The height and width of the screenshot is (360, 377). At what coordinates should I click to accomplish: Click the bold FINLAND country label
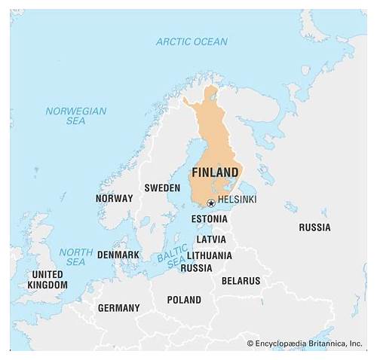pyautogui.click(x=216, y=172)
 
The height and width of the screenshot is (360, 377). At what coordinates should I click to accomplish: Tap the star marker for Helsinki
pyautogui.click(x=210, y=203)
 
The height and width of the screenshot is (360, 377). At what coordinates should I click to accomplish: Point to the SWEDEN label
pyautogui.click(x=162, y=188)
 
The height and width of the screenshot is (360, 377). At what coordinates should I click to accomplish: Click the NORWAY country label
pyautogui.click(x=114, y=198)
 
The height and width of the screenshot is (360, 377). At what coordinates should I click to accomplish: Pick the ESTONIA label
pyautogui.click(x=209, y=218)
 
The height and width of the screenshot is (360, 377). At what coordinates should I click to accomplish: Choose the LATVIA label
pyautogui.click(x=210, y=239)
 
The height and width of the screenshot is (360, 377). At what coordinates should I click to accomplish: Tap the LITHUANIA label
pyautogui.click(x=210, y=255)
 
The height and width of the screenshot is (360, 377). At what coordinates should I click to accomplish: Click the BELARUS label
pyautogui.click(x=241, y=281)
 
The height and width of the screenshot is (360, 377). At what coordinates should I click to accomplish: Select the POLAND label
pyautogui.click(x=184, y=300)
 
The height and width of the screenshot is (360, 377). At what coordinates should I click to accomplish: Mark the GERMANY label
pyautogui.click(x=118, y=308)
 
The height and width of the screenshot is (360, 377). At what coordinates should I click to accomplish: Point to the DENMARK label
pyautogui.click(x=118, y=255)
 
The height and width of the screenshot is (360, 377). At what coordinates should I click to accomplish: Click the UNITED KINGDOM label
pyautogui.click(x=48, y=280)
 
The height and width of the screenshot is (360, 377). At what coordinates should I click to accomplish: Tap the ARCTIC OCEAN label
pyautogui.click(x=192, y=41)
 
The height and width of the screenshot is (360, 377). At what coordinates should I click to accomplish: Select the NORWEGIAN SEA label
pyautogui.click(x=75, y=115)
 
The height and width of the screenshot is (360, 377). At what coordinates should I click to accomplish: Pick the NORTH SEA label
pyautogui.click(x=75, y=257)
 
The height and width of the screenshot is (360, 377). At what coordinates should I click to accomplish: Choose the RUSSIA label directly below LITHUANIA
pyautogui.click(x=197, y=267)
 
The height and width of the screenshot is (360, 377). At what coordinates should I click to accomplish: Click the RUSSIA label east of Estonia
pyautogui.click(x=314, y=227)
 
